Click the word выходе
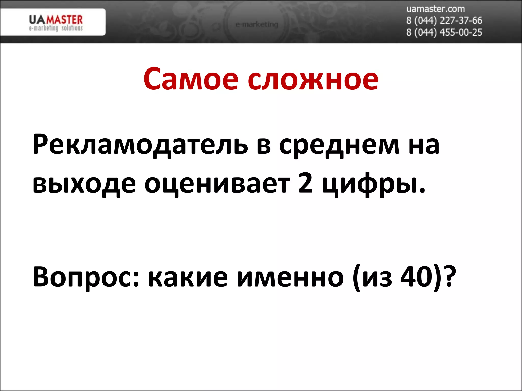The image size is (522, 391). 84,184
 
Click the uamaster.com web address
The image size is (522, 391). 435,9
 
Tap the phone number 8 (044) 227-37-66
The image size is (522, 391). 444,20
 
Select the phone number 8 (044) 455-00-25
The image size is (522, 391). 444,32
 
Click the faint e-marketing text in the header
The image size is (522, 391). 257,24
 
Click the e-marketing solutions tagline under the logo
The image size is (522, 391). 56,28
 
